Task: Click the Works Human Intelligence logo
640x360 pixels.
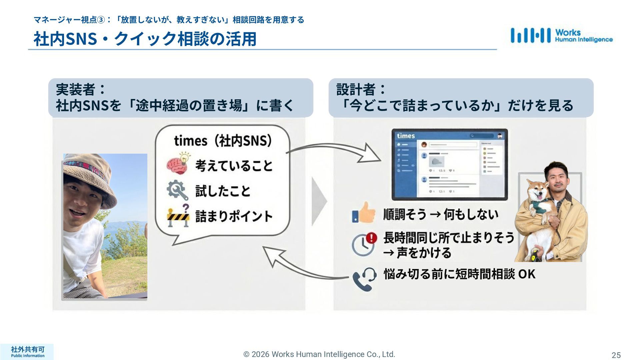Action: [x=561, y=36]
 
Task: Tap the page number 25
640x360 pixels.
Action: [x=616, y=355]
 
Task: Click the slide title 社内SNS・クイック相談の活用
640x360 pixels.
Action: [x=145, y=39]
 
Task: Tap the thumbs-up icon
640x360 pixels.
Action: [x=363, y=213]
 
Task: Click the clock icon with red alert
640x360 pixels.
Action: [x=364, y=244]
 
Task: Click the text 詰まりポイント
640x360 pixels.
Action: [x=234, y=216]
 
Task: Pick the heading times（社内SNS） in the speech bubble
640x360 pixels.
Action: [x=223, y=141]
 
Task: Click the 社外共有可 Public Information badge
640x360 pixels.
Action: [x=27, y=352]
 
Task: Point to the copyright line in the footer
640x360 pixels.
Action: [x=319, y=354]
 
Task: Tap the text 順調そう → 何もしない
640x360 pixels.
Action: [x=441, y=214]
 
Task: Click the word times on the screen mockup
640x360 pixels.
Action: [x=406, y=136]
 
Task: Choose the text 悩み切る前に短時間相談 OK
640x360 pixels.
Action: [x=459, y=274]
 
